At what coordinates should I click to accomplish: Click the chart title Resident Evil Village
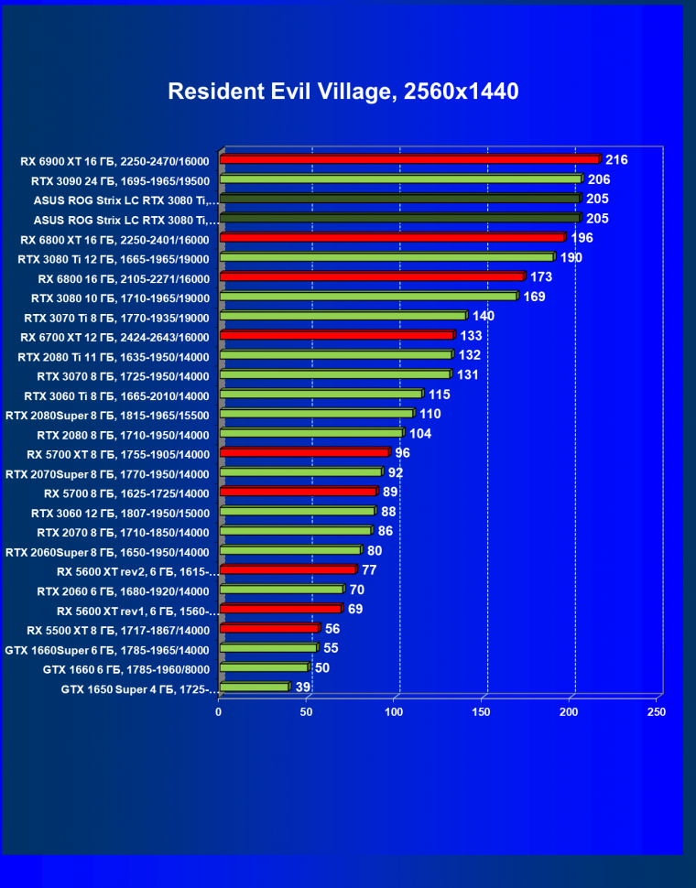pyautogui.click(x=343, y=92)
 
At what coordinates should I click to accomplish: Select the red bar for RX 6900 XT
pyautogui.click(x=409, y=160)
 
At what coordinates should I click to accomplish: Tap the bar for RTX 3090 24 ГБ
pyautogui.click(x=401, y=179)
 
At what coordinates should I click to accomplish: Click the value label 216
pyautogui.click(x=616, y=160)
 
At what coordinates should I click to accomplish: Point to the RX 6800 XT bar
pyautogui.click(x=392, y=238)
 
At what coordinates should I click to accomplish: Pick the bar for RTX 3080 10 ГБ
pyautogui.click(x=368, y=297)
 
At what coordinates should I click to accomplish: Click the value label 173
pyautogui.click(x=541, y=277)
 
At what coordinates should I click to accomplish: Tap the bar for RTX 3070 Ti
pyautogui.click(x=343, y=316)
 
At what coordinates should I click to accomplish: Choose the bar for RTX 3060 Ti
pyautogui.click(x=321, y=395)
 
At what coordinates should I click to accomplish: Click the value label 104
pyautogui.click(x=419, y=433)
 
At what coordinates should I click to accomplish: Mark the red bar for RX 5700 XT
pyautogui.click(x=304, y=453)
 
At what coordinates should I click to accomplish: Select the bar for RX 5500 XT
pyautogui.click(x=269, y=629)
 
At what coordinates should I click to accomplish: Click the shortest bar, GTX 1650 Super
pyautogui.click(x=254, y=687)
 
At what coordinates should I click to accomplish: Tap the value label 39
pyautogui.click(x=302, y=687)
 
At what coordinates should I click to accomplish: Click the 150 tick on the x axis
pyautogui.click(x=482, y=711)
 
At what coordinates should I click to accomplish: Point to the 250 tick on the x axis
pyautogui.click(x=656, y=711)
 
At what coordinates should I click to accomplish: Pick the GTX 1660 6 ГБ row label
pyautogui.click(x=125, y=669)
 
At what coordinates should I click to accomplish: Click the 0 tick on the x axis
pyautogui.click(x=219, y=711)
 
